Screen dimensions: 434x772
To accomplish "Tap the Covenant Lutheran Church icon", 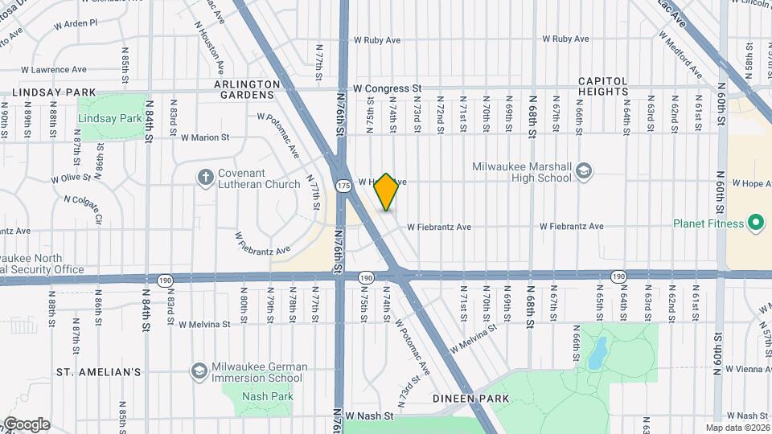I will [x=206, y=177].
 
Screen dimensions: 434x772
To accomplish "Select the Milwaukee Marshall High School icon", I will [x=583, y=171].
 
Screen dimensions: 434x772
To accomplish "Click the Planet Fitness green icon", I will [x=755, y=223].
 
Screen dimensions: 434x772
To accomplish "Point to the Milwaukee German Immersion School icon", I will [x=199, y=371].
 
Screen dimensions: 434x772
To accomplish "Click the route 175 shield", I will [x=343, y=185].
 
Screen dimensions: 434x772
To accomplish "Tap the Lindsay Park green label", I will [x=110, y=118].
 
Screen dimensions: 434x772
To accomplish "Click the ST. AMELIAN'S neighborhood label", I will [x=99, y=372].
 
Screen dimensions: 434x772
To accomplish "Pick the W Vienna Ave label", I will [x=741, y=368].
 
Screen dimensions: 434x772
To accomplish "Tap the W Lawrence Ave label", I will [x=55, y=70].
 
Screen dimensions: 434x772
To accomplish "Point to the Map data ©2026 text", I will [x=737, y=428].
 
